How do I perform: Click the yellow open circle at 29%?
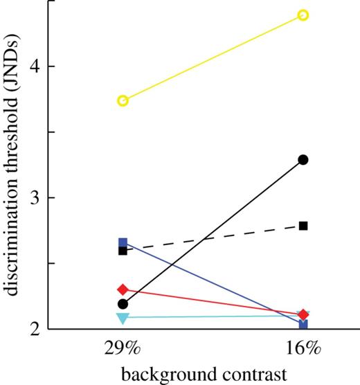[123, 101]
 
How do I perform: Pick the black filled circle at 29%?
[123, 304]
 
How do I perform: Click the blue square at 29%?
[123, 243]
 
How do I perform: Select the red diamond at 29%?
[123, 289]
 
